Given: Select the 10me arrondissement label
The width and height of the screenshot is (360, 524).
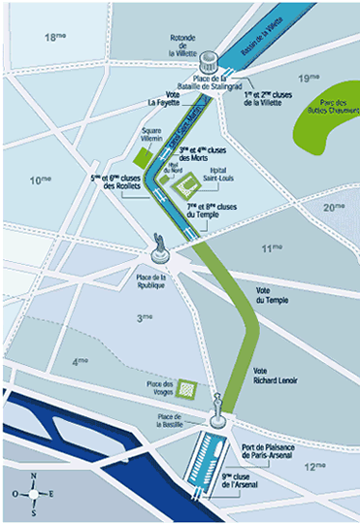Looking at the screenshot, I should pyautogui.click(x=40, y=180).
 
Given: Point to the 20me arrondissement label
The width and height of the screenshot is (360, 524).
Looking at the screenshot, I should pyautogui.click(x=335, y=207).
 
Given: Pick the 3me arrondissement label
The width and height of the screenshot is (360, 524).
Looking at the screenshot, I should pyautogui.click(x=146, y=316).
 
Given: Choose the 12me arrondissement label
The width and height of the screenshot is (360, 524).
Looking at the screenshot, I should pyautogui.click(x=314, y=467).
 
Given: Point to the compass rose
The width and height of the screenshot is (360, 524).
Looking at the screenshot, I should pyautogui.click(x=35, y=491).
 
